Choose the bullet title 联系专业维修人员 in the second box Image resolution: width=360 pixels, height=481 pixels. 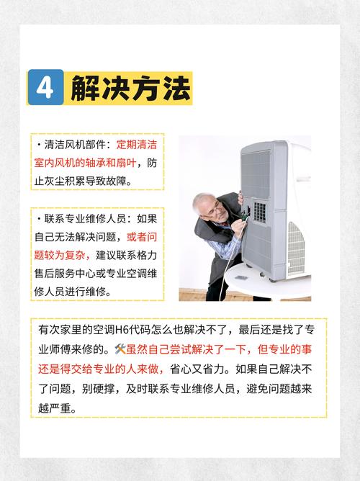[x=86, y=219]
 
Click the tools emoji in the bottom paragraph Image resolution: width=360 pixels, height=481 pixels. [x=120, y=349]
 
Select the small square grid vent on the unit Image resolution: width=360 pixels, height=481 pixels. [x=259, y=210]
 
